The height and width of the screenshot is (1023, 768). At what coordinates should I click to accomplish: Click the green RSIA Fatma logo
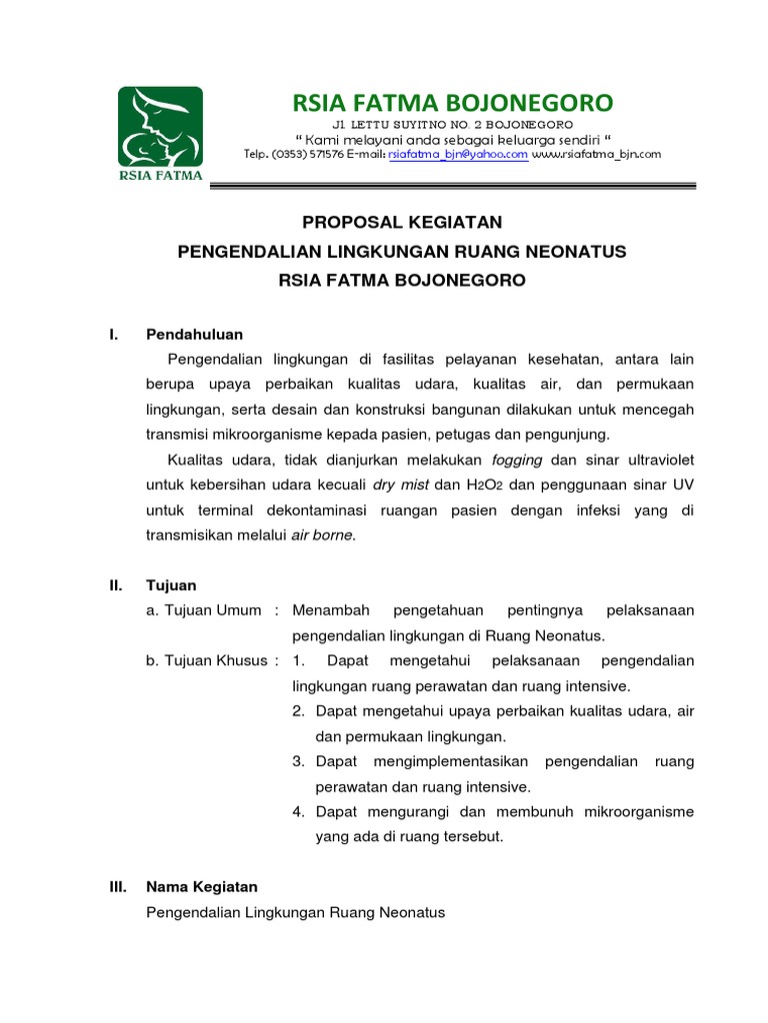(x=160, y=134)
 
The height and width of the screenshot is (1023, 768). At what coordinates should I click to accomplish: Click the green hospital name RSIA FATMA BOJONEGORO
(x=452, y=102)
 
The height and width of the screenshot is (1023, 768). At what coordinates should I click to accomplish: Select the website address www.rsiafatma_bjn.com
(x=597, y=155)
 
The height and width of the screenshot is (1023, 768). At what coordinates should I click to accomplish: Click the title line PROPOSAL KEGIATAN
(x=401, y=222)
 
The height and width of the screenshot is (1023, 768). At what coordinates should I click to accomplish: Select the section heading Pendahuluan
(x=194, y=334)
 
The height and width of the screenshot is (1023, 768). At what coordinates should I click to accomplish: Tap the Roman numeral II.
(x=116, y=585)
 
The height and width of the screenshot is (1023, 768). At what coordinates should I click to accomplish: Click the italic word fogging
(x=517, y=460)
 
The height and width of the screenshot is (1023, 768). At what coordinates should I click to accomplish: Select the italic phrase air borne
(x=322, y=534)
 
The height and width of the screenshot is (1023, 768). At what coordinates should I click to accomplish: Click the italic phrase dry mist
(x=400, y=485)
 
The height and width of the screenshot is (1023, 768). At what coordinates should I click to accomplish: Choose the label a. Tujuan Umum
(x=204, y=610)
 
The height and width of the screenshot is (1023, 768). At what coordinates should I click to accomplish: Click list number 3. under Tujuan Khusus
(x=298, y=761)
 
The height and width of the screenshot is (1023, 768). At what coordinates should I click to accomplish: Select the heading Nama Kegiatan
(x=202, y=887)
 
